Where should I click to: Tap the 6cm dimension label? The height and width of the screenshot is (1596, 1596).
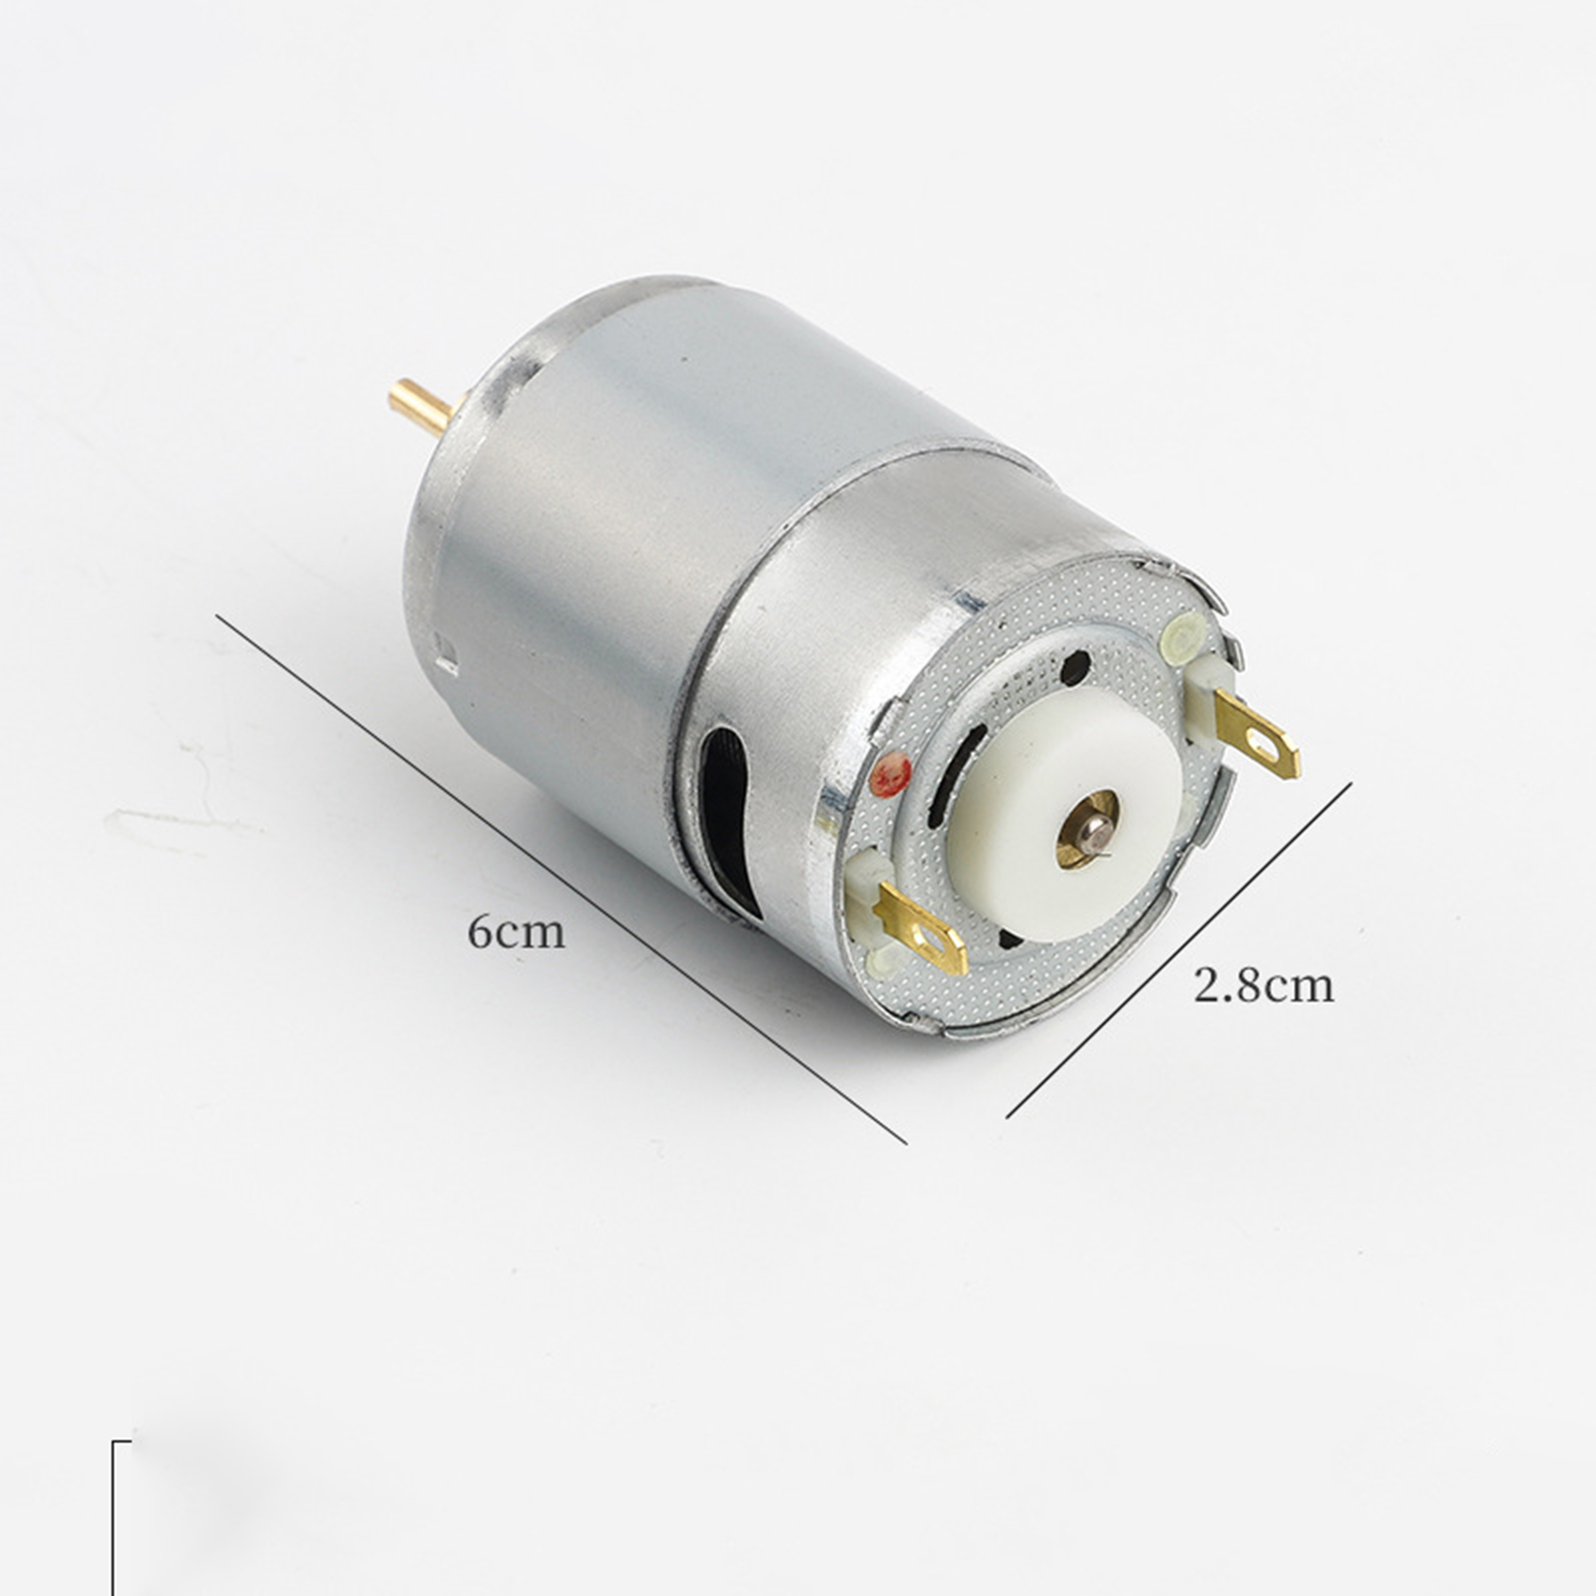(x=517, y=932)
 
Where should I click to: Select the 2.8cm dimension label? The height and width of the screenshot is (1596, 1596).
(x=1263, y=986)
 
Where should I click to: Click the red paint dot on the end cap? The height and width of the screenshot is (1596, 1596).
(x=891, y=774)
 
